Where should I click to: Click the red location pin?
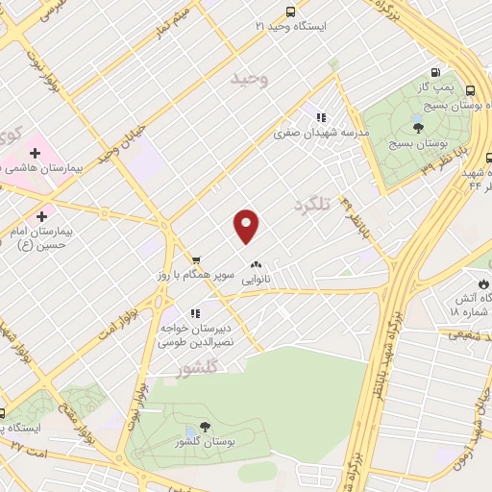(x=247, y=226)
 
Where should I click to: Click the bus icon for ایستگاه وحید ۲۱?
(x=290, y=12)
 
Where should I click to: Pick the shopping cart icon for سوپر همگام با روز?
(x=195, y=259)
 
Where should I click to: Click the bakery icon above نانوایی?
(x=256, y=264)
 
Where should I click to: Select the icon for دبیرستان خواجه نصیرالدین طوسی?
(x=195, y=313)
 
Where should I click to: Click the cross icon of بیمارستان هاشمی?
(x=35, y=153)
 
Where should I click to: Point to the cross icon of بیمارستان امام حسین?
(x=41, y=216)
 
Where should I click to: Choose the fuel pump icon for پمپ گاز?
(x=437, y=73)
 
